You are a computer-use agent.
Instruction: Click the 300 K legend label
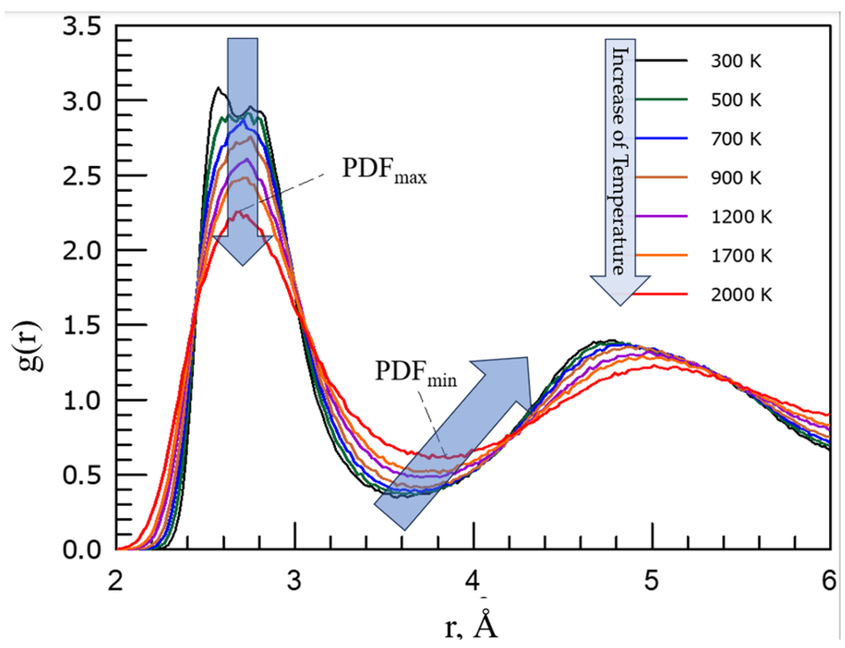736,61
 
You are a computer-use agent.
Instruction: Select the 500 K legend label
736,100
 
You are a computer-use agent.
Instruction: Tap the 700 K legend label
736,139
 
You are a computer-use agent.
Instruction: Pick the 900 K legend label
736,178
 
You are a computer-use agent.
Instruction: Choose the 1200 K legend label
741,217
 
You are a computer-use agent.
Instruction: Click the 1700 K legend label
741,256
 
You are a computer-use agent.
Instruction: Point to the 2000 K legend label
741,294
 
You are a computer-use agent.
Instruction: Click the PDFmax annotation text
384,170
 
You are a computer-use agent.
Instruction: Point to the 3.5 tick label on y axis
82,26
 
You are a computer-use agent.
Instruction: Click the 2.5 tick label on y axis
82,177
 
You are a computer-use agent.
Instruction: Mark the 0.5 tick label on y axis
82,475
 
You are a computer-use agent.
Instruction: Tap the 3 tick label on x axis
294,580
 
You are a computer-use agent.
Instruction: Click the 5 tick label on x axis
651,580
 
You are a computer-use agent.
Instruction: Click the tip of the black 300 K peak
218,88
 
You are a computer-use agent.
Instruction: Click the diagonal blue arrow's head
512,375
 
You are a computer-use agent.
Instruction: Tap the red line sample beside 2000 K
662,294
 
